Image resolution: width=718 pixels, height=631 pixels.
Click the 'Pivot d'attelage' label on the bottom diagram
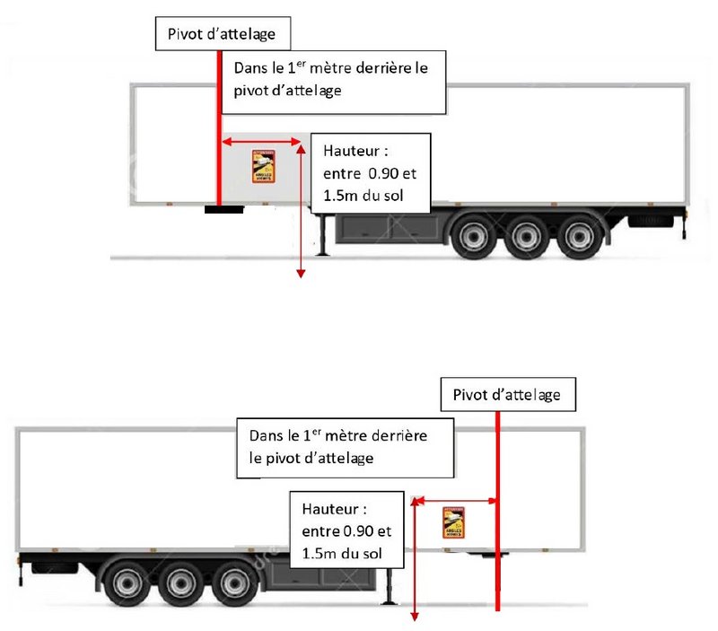507,394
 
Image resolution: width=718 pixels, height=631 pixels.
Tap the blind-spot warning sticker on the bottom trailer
454,521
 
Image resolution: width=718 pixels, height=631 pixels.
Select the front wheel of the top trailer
471,236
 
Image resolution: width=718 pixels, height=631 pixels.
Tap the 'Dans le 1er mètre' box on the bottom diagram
346,446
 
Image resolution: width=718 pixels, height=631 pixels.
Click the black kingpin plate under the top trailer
223,209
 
